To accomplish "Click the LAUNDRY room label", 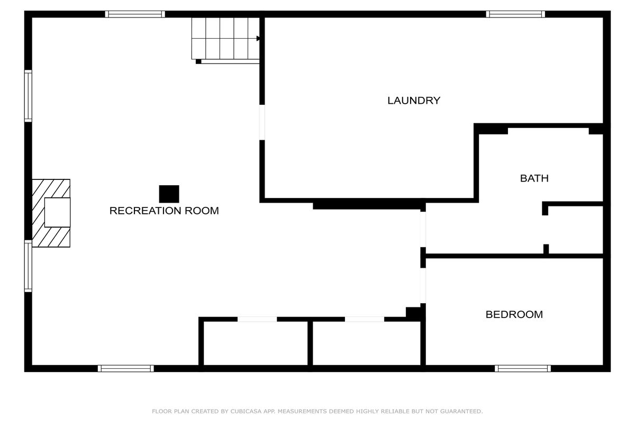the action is point(414,101).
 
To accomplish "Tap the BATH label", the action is point(534,178).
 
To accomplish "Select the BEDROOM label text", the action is point(514,315).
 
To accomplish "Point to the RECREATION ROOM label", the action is point(164,211).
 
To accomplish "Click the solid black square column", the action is point(169,194).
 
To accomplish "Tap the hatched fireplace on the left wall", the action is point(51,213).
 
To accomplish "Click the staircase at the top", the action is point(225,39).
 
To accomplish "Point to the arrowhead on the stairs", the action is point(258,38).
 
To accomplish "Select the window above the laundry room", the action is point(515,14).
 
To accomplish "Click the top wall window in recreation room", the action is point(135,14).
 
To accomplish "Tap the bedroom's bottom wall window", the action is point(523,368).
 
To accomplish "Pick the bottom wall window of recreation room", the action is point(126,368).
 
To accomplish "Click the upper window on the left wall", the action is point(28,96).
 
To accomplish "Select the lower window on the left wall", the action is point(28,266).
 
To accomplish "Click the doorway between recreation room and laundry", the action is point(262,122).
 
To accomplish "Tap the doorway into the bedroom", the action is point(423,286).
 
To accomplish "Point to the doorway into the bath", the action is point(423,229).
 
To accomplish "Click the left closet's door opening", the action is point(257,319).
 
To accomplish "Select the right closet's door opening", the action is point(365,319).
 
